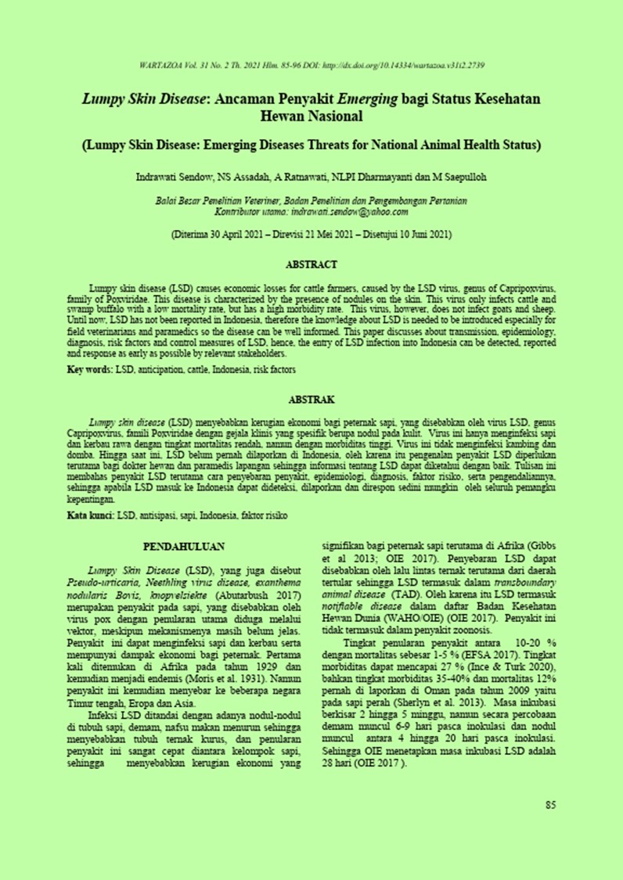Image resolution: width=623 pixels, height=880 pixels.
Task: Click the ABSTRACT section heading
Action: pos(311,265)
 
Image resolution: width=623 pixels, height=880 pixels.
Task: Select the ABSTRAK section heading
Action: pos(311,398)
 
